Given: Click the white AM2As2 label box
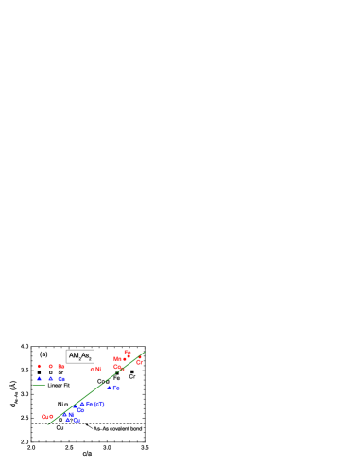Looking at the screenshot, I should pyautogui.click(x=79, y=356).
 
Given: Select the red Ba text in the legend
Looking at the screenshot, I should pyautogui.click(x=61, y=366).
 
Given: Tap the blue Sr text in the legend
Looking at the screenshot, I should pyautogui.click(x=61, y=379).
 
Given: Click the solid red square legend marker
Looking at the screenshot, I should pyautogui.click(x=39, y=366).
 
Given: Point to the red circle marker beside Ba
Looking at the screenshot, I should pyautogui.click(x=51, y=366).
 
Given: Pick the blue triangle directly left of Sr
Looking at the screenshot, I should pyautogui.click(x=51, y=379).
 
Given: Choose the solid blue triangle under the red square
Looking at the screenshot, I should pyautogui.click(x=39, y=379).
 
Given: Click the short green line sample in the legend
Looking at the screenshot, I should pyautogui.click(x=40, y=385).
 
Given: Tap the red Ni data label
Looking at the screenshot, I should pyautogui.click(x=98, y=369).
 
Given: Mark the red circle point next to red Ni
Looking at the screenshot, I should pyautogui.click(x=92, y=370).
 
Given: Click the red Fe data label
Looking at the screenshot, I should pyautogui.click(x=128, y=353).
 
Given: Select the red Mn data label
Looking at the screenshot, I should pyautogui.click(x=119, y=359).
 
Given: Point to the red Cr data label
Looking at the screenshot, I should pyautogui.click(x=139, y=362).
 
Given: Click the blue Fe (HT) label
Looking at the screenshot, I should pyautogui.click(x=95, y=404).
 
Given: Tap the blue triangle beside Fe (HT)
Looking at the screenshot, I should pyautogui.click(x=82, y=404).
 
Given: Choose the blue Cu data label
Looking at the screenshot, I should pyautogui.click(x=77, y=420).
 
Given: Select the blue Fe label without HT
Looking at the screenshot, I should pyautogui.click(x=116, y=388).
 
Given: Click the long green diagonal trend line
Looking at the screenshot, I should pyautogui.click(x=94, y=389).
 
